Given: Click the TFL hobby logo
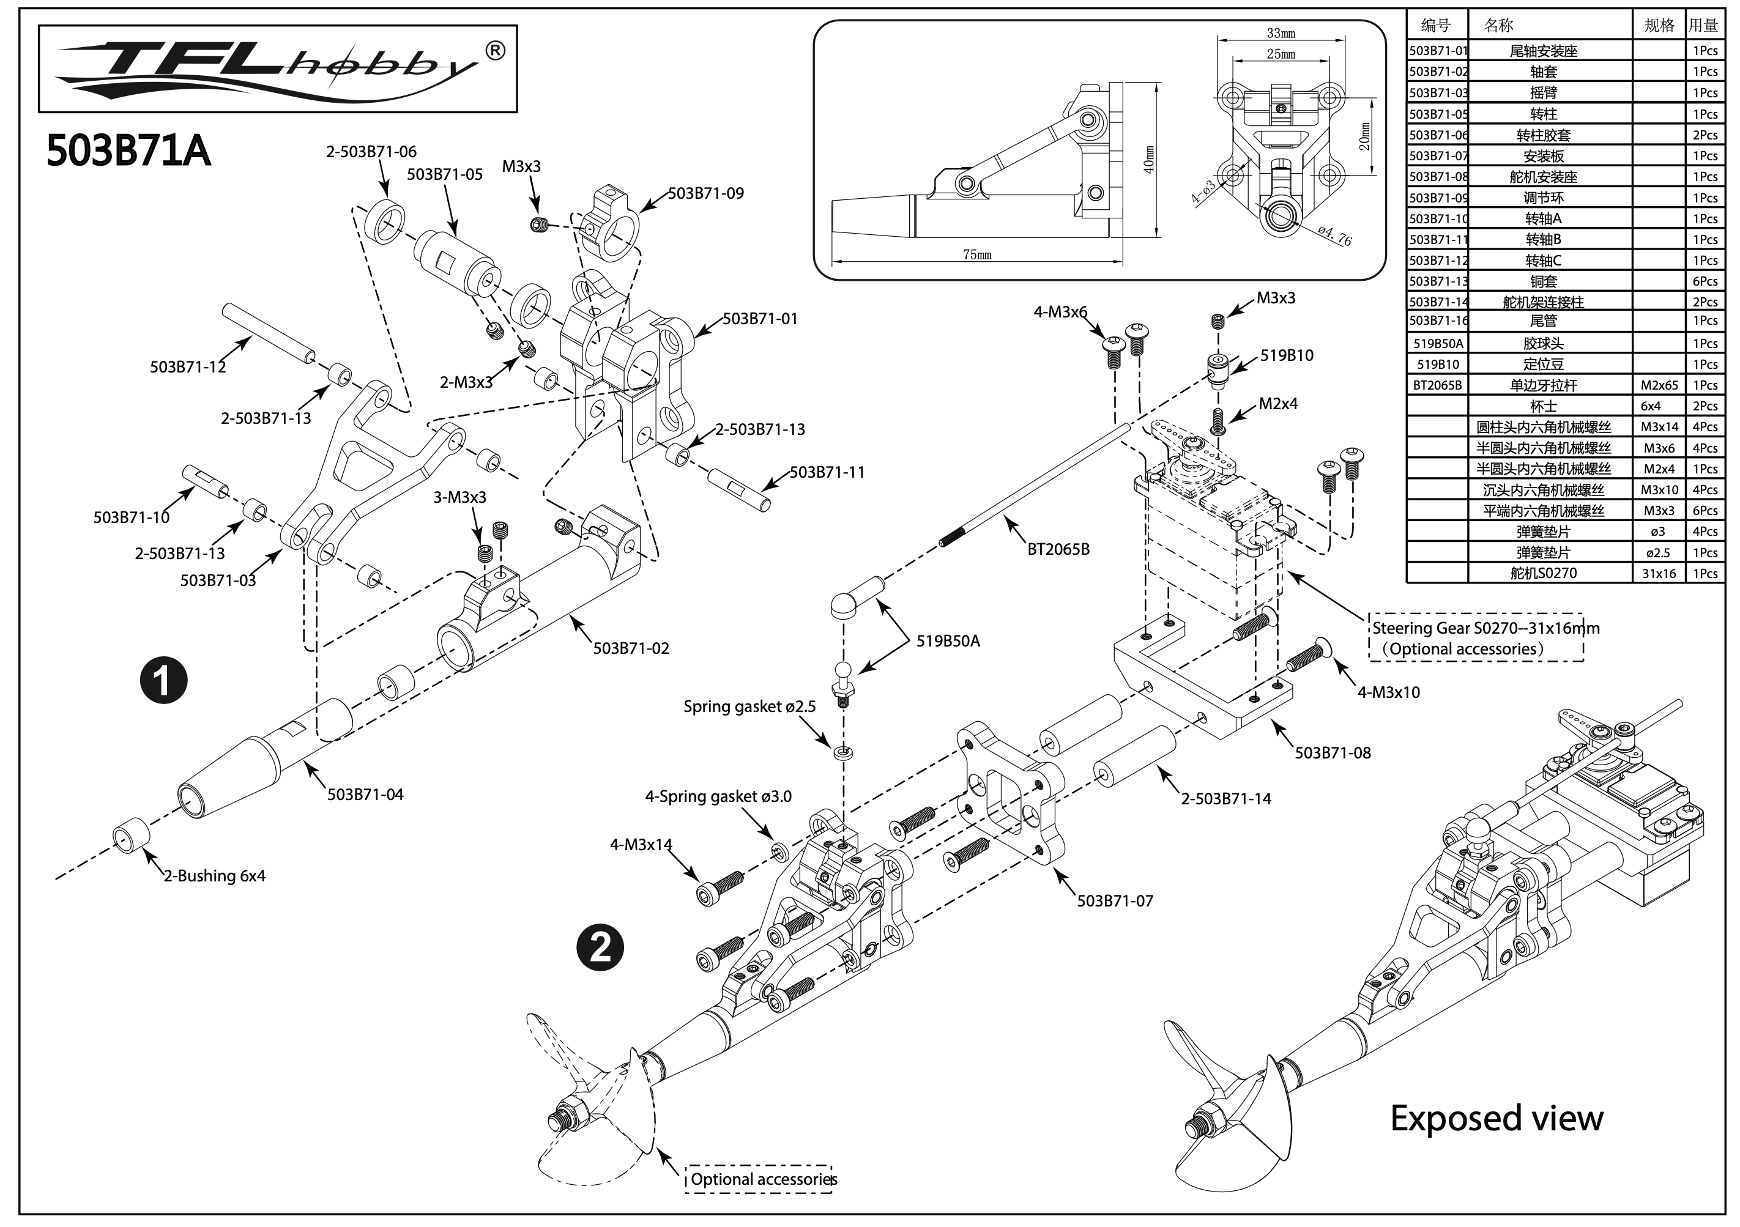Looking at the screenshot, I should point(277,69).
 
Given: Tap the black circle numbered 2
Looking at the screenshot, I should point(600,947).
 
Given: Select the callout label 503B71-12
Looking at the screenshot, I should point(187,367).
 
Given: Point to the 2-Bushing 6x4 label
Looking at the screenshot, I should point(215,875).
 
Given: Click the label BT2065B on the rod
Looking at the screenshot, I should point(1058,549).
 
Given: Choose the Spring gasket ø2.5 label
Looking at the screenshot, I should point(749,706).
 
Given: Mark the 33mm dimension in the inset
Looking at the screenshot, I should point(1281,34).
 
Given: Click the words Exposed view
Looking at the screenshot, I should point(1496,1119).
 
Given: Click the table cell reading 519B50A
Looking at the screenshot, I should point(1438,343).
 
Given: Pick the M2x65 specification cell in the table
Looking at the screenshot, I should point(1659,385).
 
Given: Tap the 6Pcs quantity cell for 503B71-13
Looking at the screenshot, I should point(1705,281).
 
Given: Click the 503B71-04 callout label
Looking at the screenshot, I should point(365,795).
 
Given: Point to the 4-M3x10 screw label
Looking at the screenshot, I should point(1389,692).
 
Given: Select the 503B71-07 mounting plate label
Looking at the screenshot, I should point(1115,900).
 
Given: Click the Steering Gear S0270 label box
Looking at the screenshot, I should point(1476,637).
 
